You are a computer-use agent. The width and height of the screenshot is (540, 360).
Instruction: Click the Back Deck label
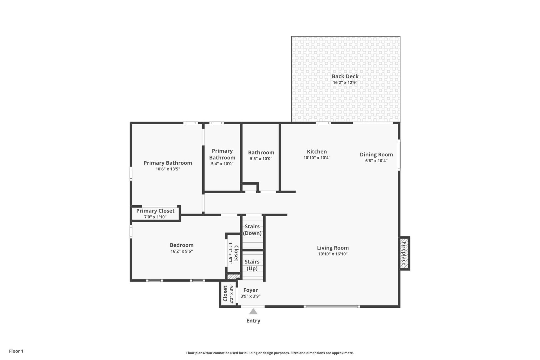pyautogui.click(x=345, y=76)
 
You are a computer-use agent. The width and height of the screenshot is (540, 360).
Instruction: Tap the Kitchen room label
pyautogui.click(x=317, y=152)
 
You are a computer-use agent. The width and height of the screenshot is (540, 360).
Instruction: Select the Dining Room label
pyautogui.click(x=376, y=154)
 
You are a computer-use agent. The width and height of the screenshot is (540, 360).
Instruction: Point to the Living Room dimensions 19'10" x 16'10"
pyautogui.click(x=333, y=254)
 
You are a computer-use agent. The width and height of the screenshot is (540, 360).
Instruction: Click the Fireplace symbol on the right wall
pyautogui.click(x=404, y=253)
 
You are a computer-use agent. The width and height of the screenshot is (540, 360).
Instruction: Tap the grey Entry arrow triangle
pyautogui.click(x=253, y=311)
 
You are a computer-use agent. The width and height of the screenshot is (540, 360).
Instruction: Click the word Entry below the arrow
pyautogui.click(x=253, y=321)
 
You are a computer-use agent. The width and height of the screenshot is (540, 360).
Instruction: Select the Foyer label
pyautogui.click(x=251, y=290)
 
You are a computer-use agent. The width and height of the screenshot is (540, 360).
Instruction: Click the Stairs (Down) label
pyautogui.click(x=252, y=230)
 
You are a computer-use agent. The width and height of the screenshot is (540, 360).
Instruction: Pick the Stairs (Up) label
pyautogui.click(x=252, y=265)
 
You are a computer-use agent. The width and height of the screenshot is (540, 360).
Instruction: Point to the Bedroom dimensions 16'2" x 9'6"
pyautogui.click(x=182, y=251)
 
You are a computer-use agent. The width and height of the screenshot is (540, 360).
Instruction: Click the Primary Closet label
pyautogui.click(x=155, y=211)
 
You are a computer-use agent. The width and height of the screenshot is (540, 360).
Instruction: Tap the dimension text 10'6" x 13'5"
pyautogui.click(x=168, y=169)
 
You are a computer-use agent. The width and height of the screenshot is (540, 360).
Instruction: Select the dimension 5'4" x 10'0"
pyautogui.click(x=222, y=164)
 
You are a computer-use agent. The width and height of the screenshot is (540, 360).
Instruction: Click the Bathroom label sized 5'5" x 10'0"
pyautogui.click(x=261, y=152)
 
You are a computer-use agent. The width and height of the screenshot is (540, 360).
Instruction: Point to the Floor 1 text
pyautogui.click(x=16, y=351)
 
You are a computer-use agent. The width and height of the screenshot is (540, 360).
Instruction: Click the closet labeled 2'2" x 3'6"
pyautogui.click(x=228, y=294)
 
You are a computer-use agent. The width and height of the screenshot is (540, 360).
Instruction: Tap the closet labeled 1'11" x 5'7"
pyautogui.click(x=233, y=253)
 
